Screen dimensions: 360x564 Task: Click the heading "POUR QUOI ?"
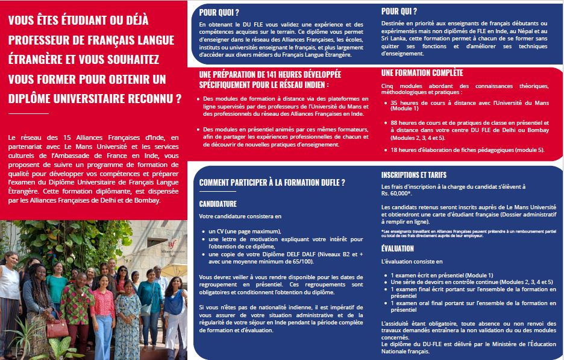point(219,11)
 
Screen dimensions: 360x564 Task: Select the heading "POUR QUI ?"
point(399,11)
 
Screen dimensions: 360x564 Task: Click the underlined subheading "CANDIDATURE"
point(218,204)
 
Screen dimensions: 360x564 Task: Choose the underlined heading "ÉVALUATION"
point(397,248)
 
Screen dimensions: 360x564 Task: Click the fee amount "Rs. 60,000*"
point(396,194)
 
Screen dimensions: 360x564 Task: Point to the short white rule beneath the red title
point(28,113)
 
